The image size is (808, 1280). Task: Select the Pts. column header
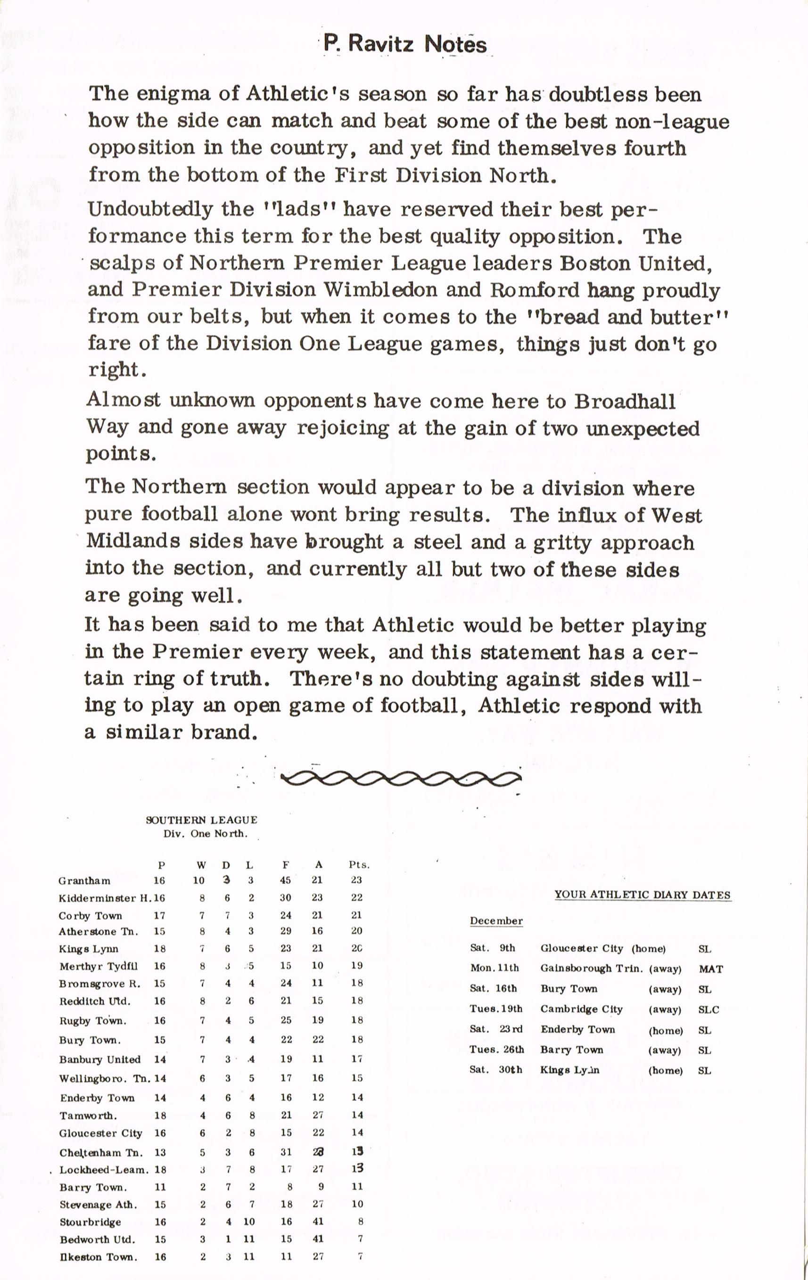click(x=359, y=865)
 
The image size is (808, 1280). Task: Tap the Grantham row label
click(x=84, y=881)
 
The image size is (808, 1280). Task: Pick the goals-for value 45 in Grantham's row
click(x=286, y=880)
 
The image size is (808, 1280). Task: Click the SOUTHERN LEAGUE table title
click(x=201, y=820)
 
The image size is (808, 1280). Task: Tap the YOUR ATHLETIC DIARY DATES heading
click(x=642, y=894)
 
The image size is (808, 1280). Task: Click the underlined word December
click(x=496, y=921)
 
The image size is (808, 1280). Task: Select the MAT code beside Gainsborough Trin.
click(x=710, y=969)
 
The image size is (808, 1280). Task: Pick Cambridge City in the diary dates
click(x=581, y=1009)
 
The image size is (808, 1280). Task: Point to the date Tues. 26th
click(x=496, y=1049)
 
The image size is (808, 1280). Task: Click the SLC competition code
click(x=708, y=1009)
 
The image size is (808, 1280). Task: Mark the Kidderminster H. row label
click(x=105, y=898)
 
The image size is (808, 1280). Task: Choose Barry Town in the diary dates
click(x=571, y=1049)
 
